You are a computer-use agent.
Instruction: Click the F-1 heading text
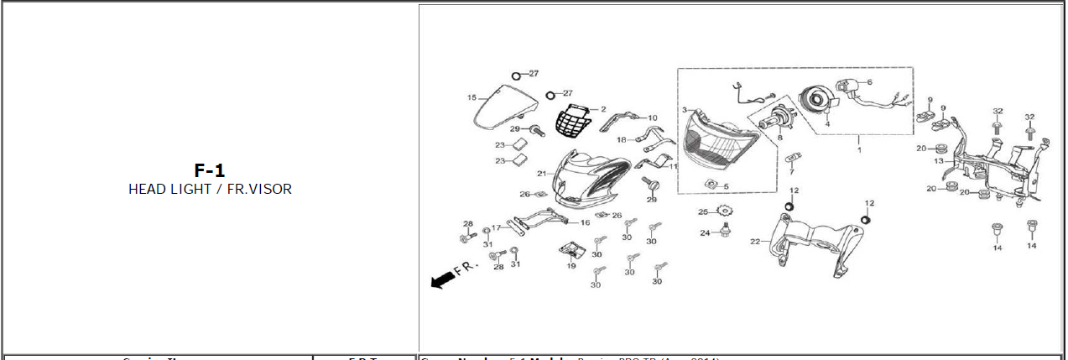coord(210,170)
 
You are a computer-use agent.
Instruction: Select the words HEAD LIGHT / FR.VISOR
coord(210,190)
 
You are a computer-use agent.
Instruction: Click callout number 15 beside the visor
coord(471,98)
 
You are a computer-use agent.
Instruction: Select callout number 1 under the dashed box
coord(858,149)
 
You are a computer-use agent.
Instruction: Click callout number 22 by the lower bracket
coord(754,242)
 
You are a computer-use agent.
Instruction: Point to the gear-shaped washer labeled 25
coord(726,211)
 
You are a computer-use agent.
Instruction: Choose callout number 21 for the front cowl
coord(542,174)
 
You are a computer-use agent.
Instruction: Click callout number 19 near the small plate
coord(570,266)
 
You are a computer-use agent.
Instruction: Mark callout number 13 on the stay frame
coord(939,160)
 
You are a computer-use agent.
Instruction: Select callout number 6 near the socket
coord(869,82)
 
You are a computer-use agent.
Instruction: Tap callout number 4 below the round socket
coord(827,124)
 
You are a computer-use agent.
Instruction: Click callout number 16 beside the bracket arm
coord(585,223)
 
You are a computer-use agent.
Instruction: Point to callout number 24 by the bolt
coord(706,232)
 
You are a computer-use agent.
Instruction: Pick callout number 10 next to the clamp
coord(652,118)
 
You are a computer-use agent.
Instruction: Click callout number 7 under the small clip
coord(790,172)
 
